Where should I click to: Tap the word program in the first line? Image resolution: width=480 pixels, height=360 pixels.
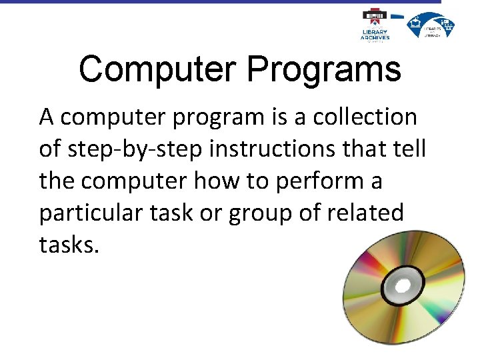[x=224, y=118]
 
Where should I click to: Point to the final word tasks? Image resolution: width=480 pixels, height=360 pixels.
[x=69, y=245]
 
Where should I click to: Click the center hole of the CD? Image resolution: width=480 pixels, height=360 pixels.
[x=403, y=287]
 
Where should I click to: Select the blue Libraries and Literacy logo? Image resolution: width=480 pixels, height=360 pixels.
[x=431, y=25]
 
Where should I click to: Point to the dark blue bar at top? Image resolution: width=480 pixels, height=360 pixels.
[x=220, y=2]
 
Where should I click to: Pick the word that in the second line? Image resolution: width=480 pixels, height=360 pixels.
[x=364, y=149]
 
